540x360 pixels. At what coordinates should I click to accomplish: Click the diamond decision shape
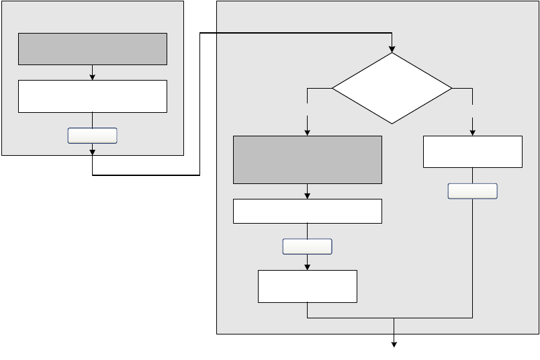[x=392, y=88]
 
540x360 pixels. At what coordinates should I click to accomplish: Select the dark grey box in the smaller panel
[x=92, y=49]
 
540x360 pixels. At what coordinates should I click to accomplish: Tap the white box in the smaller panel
[x=92, y=96]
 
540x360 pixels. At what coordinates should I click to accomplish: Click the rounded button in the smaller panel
[x=92, y=136]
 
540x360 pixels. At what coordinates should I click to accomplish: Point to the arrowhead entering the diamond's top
[x=392, y=49]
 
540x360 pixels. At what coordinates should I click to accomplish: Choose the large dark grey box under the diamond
[x=307, y=159]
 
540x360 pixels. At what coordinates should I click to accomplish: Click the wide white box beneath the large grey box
[x=307, y=211]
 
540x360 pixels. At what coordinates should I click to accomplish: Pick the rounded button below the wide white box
[x=307, y=246]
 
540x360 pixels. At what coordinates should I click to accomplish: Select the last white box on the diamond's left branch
[x=307, y=287]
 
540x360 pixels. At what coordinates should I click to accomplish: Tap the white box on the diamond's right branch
[x=473, y=152]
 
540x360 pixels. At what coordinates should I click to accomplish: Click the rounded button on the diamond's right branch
[x=473, y=191]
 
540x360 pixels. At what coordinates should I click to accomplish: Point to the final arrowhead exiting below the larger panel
[x=394, y=345]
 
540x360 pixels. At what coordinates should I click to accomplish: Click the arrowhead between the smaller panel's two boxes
[x=92, y=77]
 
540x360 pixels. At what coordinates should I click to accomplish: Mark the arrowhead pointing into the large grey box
[x=307, y=132]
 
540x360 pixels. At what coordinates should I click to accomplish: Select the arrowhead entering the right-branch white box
[x=473, y=132]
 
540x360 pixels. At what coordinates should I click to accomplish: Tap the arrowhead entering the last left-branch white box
[x=307, y=267]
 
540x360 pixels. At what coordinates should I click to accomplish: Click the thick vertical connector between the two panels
[x=200, y=104]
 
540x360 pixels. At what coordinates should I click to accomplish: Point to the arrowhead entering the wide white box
[x=307, y=195]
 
